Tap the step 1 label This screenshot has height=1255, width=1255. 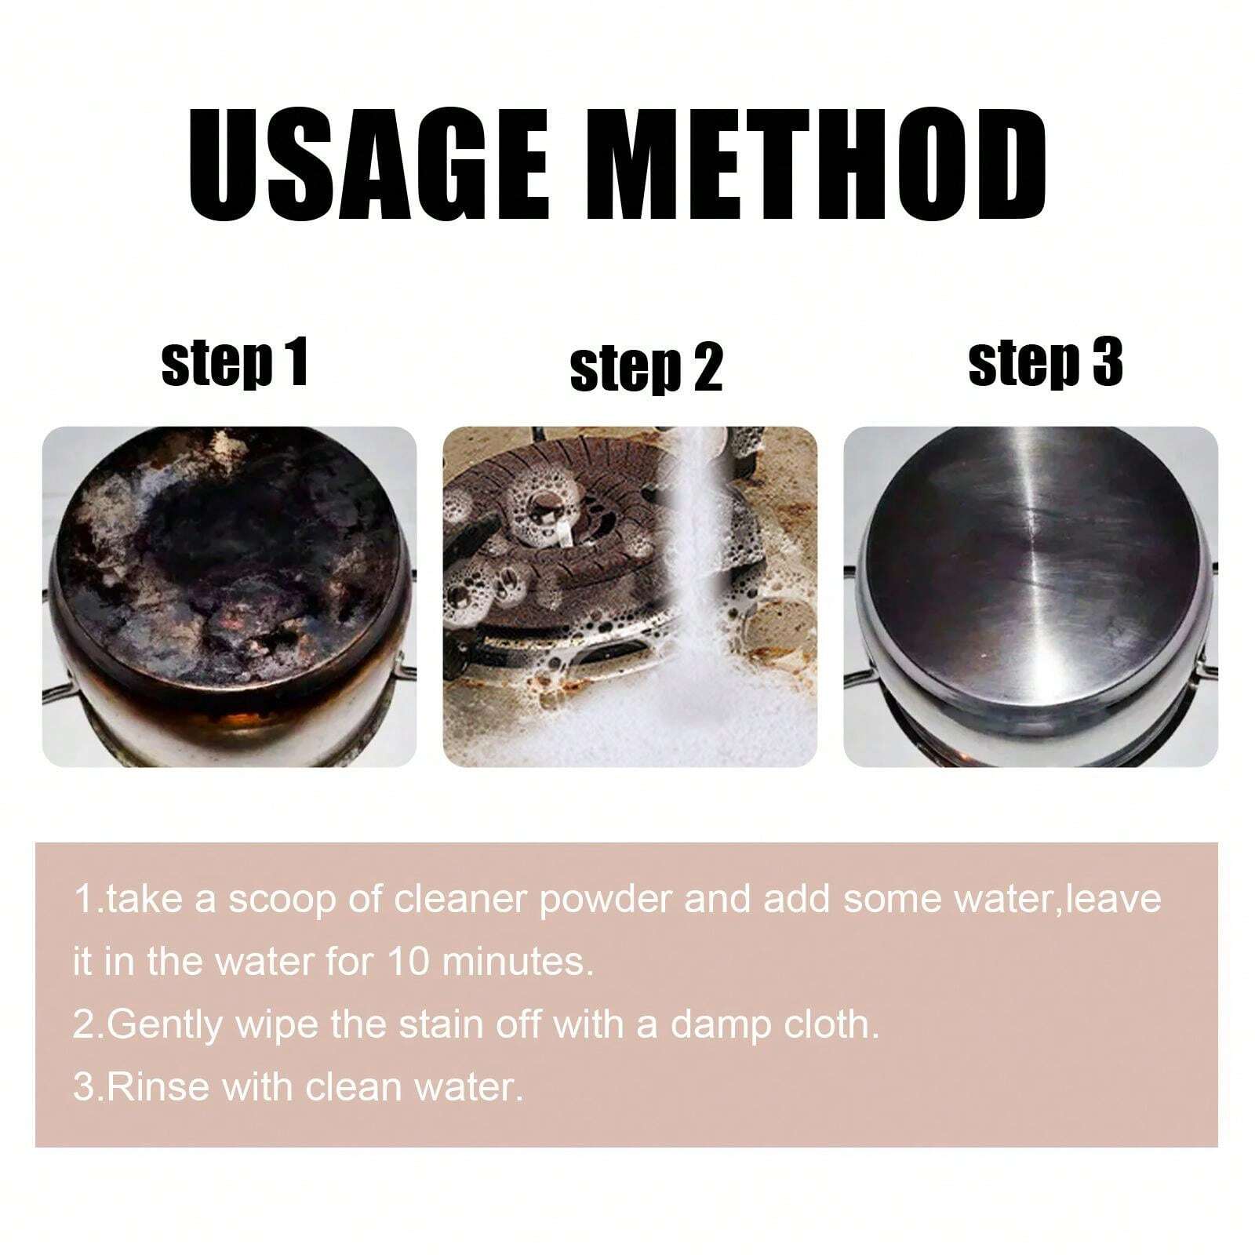tap(235, 362)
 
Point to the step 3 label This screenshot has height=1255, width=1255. tap(1046, 362)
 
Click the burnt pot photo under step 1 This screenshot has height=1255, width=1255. tap(229, 596)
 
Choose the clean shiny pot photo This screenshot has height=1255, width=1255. tap(1031, 596)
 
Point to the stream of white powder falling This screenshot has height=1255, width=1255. tap(690, 549)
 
